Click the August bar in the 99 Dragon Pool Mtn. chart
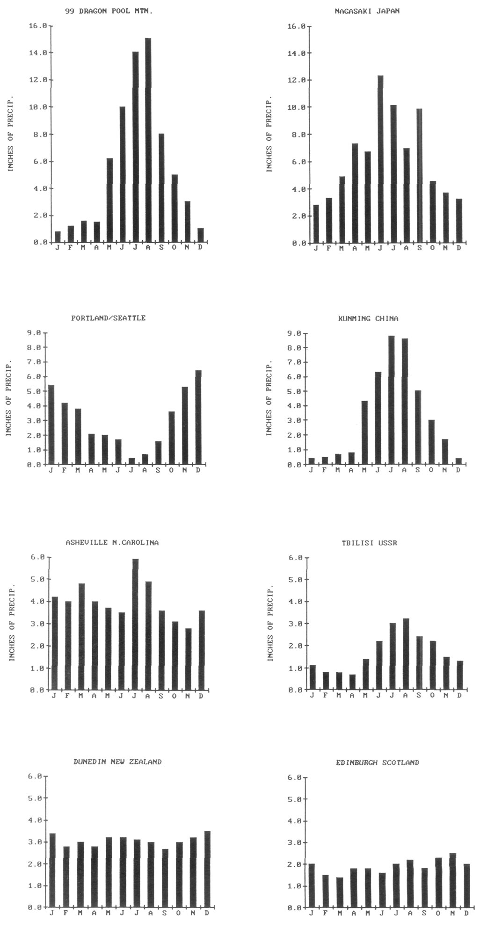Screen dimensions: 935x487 tap(148, 140)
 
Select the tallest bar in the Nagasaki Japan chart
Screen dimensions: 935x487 tap(380, 159)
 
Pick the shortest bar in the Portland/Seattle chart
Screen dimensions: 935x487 tap(131, 461)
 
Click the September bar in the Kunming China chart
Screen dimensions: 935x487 tap(418, 427)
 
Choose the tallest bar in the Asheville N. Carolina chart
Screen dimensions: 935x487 tap(135, 624)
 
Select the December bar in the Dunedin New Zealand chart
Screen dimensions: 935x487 tap(207, 869)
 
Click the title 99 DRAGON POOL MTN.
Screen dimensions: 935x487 tap(109, 11)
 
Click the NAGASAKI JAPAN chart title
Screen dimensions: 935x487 tap(367, 11)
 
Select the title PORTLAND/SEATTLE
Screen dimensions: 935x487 tap(109, 318)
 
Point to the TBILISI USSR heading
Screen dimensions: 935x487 tap(369, 543)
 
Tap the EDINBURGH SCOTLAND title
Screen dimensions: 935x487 tap(378, 762)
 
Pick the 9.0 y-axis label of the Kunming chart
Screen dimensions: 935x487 tap(297, 333)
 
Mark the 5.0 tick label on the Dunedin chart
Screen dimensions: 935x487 tap(36, 798)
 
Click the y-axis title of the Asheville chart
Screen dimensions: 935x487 tap(12, 622)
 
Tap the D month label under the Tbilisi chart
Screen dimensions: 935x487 tap(460, 695)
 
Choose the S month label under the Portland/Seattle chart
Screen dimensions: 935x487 tap(158, 470)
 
